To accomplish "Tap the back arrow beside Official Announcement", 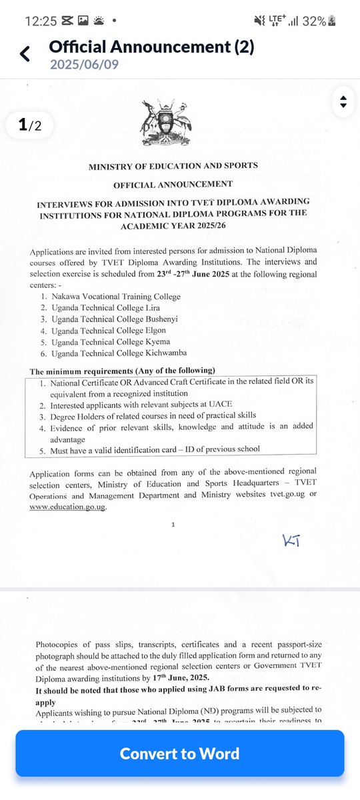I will (25, 54).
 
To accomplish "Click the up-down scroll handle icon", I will (343, 102).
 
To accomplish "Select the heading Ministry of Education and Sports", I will (173, 165).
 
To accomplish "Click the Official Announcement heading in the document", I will (173, 183).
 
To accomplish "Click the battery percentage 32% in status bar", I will (314, 21).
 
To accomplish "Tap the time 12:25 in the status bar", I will (42, 21).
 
